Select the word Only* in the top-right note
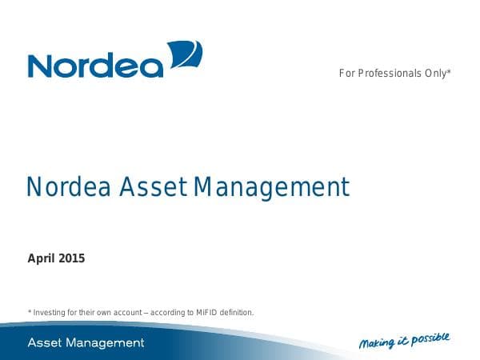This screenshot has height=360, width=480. pyautogui.click(x=438, y=74)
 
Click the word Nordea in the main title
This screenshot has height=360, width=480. pyautogui.click(x=70, y=187)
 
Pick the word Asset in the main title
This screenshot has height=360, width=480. pyautogui.click(x=154, y=187)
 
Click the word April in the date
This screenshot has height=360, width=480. pyautogui.click(x=42, y=258)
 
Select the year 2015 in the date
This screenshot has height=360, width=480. pyautogui.click(x=72, y=258)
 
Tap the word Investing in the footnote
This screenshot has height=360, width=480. pyautogui.click(x=50, y=312)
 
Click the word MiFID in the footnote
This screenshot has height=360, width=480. pyautogui.click(x=202, y=312)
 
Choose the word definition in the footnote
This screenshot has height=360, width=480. pyautogui.click(x=235, y=312)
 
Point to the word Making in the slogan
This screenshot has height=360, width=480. pyautogui.click(x=376, y=344)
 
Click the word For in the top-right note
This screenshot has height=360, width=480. pyautogui.click(x=346, y=74)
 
